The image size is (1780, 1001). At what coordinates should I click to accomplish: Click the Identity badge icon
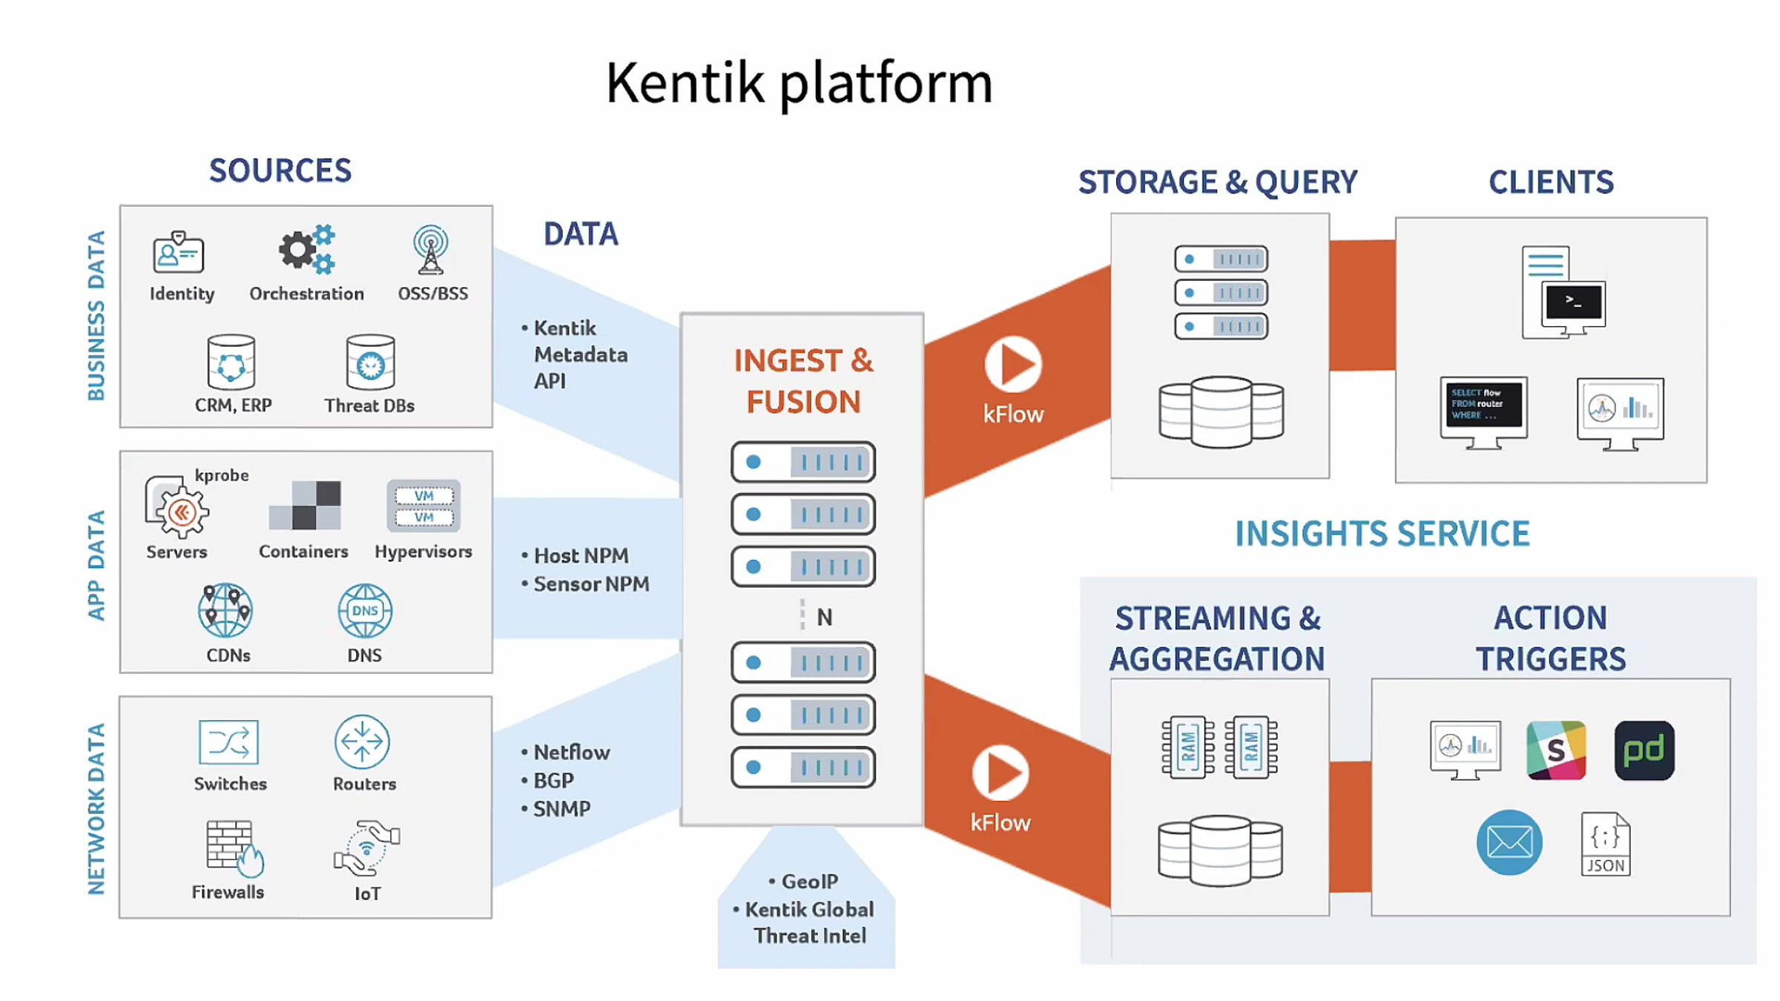(179, 253)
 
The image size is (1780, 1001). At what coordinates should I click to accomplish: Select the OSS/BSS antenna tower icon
(431, 250)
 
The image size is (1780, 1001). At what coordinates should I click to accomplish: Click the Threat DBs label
(369, 406)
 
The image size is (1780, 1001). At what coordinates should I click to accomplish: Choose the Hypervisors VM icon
(423, 506)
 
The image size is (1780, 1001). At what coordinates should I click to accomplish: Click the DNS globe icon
(365, 611)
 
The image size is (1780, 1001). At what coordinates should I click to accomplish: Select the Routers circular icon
(362, 741)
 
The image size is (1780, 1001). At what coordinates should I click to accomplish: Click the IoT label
(368, 893)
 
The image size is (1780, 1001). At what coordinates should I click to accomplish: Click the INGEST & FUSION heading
(803, 381)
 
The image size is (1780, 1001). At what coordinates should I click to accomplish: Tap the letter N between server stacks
(825, 617)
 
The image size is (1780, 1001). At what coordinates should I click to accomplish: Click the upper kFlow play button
(1013, 364)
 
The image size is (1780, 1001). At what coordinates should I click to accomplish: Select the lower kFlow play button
(1001, 773)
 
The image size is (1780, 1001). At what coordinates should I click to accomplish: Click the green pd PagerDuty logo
(1644, 750)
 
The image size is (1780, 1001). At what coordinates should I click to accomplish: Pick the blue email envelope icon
(1509, 842)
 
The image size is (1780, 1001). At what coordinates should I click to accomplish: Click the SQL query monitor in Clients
(1483, 411)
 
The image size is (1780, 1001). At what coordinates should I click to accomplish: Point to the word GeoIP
(810, 882)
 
